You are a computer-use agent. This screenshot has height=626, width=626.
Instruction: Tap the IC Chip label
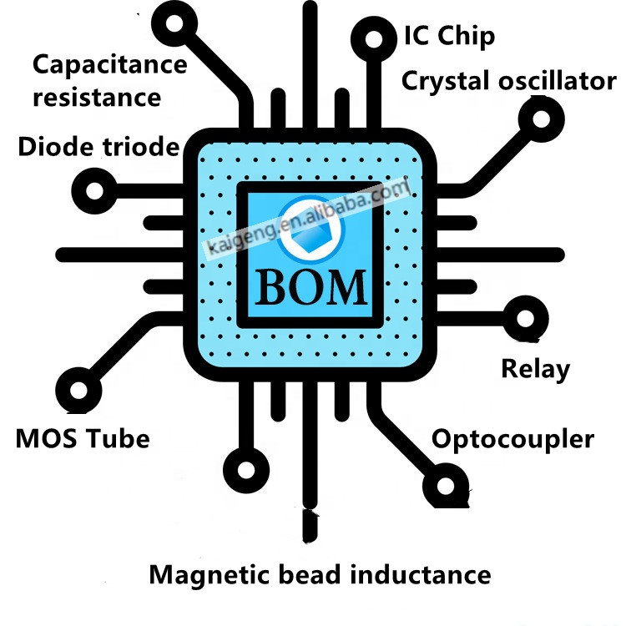(449, 37)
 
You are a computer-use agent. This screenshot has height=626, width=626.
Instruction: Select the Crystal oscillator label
(508, 82)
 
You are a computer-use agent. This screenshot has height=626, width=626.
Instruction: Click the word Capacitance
(109, 65)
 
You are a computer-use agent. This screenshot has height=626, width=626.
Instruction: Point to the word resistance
(96, 97)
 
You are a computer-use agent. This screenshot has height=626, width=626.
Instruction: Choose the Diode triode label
(98, 148)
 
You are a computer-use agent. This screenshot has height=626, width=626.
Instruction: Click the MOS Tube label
(83, 437)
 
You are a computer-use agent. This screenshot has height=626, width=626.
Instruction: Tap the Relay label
(535, 368)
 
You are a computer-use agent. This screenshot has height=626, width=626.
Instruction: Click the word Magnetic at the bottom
(213, 574)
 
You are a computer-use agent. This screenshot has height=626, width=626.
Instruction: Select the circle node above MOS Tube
(80, 389)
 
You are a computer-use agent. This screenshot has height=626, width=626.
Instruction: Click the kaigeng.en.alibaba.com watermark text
(309, 219)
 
